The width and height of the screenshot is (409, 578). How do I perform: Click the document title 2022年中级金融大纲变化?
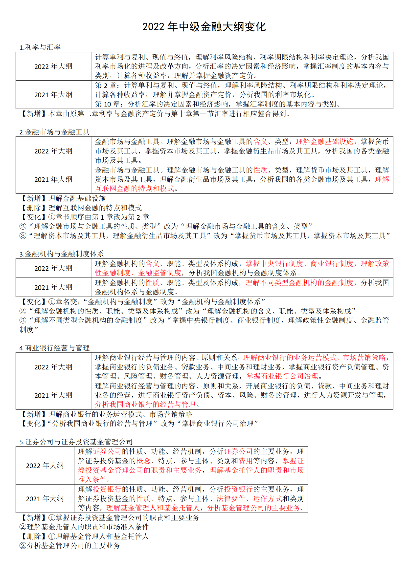tap(204, 27)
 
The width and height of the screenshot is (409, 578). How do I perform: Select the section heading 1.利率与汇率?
tap(40, 47)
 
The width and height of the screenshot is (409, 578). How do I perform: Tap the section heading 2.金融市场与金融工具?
tap(54, 132)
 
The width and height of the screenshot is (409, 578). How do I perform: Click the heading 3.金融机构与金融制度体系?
tap(62, 254)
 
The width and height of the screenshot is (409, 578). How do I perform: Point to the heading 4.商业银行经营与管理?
tap(54, 348)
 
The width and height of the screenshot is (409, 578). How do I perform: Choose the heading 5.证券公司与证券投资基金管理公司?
tap(76, 442)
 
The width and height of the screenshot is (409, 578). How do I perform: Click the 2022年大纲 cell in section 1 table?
tap(53, 66)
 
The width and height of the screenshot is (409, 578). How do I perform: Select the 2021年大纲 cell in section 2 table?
tap(53, 179)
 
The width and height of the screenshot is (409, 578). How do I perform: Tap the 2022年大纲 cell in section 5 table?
tap(45, 466)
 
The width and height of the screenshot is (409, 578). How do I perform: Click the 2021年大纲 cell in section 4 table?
tap(53, 395)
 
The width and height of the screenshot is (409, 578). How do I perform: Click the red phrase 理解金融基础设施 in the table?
tap(324, 142)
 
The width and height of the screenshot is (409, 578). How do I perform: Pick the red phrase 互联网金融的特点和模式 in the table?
tap(135, 189)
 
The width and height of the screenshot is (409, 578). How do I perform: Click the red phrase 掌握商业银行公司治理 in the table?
tap(282, 376)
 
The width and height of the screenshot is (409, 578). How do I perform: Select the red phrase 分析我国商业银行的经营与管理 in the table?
tap(145, 405)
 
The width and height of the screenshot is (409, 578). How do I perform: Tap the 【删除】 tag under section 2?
tap(34, 208)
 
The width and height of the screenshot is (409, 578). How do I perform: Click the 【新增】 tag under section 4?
tap(34, 414)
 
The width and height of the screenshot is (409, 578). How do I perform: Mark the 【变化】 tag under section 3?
tap(34, 301)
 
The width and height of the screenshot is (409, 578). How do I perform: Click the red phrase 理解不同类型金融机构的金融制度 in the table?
tap(299, 283)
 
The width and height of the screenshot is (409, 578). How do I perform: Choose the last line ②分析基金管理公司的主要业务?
tap(70, 546)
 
